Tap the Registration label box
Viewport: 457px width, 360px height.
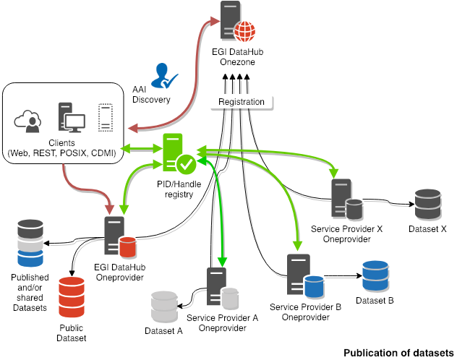(242, 102)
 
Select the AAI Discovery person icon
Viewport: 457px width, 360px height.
(166, 75)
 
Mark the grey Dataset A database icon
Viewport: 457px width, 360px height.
(164, 307)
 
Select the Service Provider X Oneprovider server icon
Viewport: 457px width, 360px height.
(344, 200)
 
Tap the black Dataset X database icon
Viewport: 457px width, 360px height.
(428, 205)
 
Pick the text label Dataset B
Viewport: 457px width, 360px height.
(375, 300)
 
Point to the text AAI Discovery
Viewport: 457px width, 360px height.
(150, 95)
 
